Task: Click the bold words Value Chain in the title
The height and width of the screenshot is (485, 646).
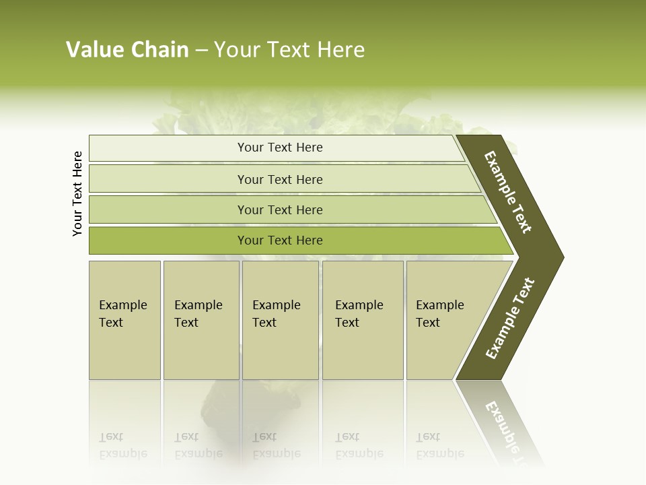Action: click(x=127, y=50)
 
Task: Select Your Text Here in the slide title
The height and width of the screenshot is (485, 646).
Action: click(x=289, y=50)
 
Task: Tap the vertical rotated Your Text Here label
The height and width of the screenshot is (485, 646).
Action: click(x=77, y=193)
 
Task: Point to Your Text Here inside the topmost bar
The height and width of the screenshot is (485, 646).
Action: click(x=280, y=148)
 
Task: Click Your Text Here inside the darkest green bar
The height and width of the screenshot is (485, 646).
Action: click(x=280, y=240)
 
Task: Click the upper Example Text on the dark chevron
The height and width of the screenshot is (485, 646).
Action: click(x=508, y=192)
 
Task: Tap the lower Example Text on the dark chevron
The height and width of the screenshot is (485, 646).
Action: click(x=510, y=319)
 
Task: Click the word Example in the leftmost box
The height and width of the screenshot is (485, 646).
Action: click(x=122, y=305)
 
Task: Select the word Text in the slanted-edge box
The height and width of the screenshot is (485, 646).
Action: click(x=428, y=323)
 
